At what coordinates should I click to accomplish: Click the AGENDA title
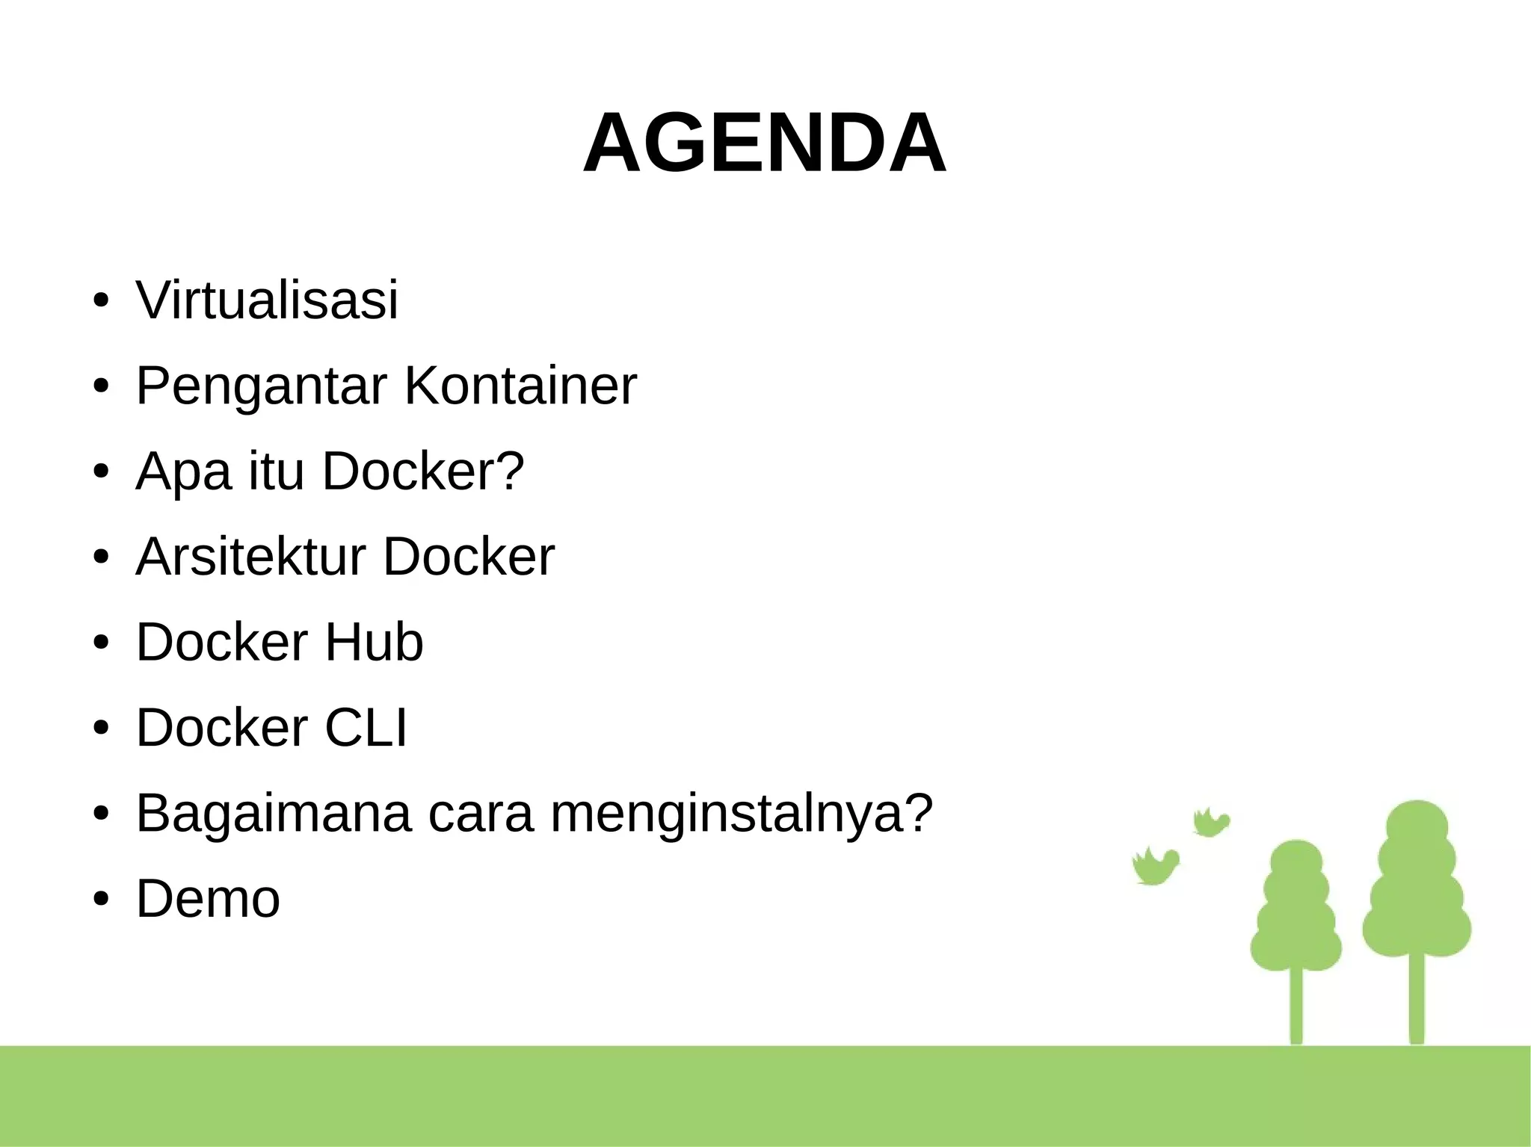pos(764,143)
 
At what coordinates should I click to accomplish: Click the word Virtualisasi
pos(267,300)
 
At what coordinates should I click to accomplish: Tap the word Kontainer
pos(520,386)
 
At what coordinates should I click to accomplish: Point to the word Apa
pos(183,472)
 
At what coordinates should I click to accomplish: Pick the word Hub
pos(373,643)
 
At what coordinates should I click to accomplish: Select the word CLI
pos(366,728)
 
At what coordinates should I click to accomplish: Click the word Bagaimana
pos(273,814)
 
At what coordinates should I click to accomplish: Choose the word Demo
pos(208,899)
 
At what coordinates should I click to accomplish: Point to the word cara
pos(481,814)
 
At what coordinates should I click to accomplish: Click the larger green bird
pos(1155,866)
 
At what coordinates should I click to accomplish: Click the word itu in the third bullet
pos(276,472)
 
